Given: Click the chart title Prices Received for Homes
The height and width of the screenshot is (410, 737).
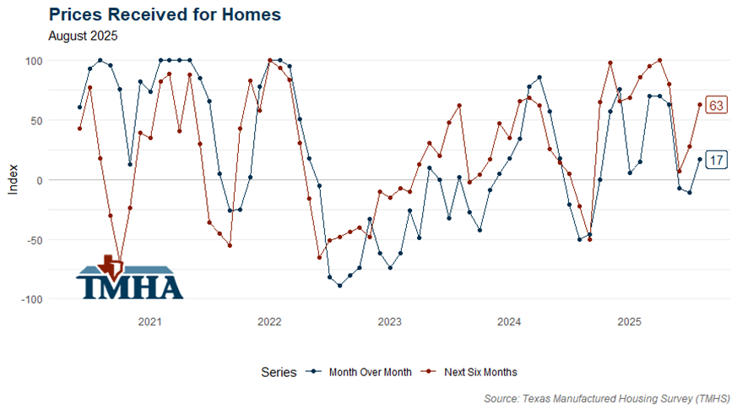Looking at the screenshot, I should tap(165, 14).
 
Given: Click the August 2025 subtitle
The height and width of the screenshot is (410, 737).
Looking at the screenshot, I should tap(83, 36).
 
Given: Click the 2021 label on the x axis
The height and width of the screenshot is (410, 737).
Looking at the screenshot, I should tap(149, 322).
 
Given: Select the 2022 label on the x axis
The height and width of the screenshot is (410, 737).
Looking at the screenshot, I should tap(269, 322).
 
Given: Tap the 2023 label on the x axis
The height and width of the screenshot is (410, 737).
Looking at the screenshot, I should tap(389, 322).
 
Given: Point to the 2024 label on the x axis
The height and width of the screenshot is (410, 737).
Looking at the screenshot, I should tap(509, 322).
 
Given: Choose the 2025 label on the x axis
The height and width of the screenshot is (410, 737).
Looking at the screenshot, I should tap(629, 322).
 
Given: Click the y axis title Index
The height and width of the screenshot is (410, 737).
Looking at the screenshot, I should tap(12, 180).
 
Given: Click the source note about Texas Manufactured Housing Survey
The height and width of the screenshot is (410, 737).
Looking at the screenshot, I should tap(607, 397).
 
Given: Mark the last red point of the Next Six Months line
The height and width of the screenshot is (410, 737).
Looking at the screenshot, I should tap(700, 105).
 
